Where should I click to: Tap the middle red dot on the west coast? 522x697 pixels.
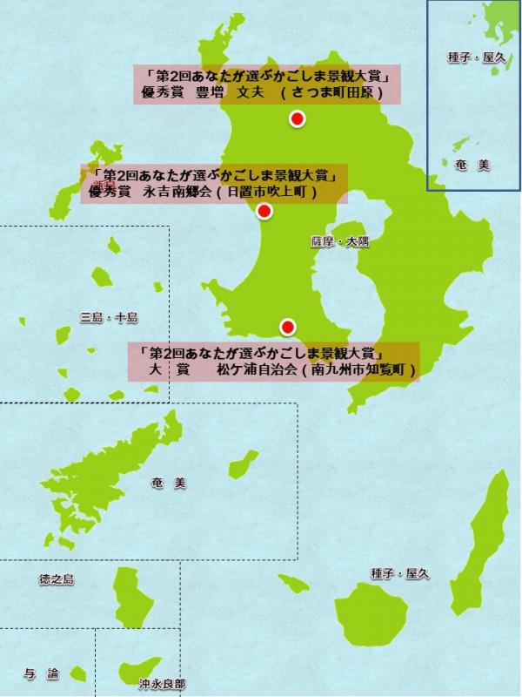(x=265, y=211)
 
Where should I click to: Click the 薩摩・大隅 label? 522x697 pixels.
(x=339, y=241)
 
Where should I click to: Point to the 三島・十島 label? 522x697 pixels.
(x=108, y=318)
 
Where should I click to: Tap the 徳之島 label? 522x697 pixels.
(x=57, y=579)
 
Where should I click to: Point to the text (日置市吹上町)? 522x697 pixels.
(x=265, y=190)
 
